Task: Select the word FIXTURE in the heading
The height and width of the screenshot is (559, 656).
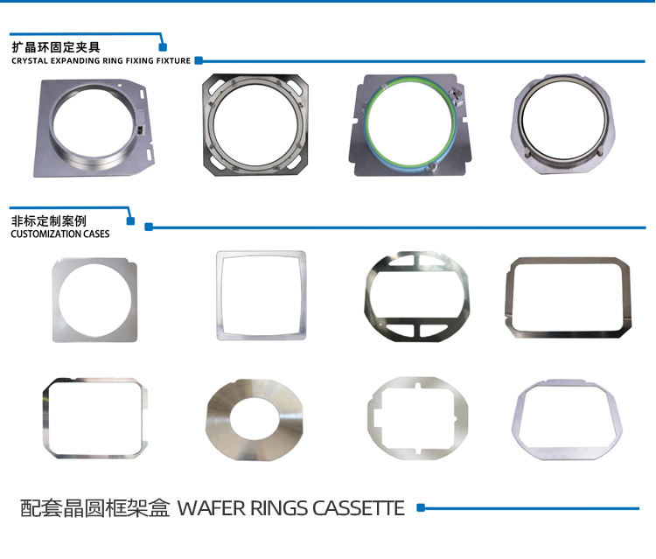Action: (173, 61)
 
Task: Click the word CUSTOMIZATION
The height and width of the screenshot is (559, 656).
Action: (46, 234)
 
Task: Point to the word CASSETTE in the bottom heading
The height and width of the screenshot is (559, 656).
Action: (359, 508)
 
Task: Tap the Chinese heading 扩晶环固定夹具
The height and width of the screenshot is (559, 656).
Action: (56, 47)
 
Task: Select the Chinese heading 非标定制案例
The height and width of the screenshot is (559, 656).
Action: (48, 221)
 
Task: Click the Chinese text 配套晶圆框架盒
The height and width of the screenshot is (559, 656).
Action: (95, 508)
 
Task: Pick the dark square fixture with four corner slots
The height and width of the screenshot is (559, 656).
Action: (209, 125)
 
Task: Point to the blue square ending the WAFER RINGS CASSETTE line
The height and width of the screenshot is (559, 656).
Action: (421, 508)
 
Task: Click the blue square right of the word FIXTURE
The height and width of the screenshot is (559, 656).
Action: (199, 60)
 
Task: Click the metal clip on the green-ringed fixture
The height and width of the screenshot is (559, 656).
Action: (455, 94)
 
